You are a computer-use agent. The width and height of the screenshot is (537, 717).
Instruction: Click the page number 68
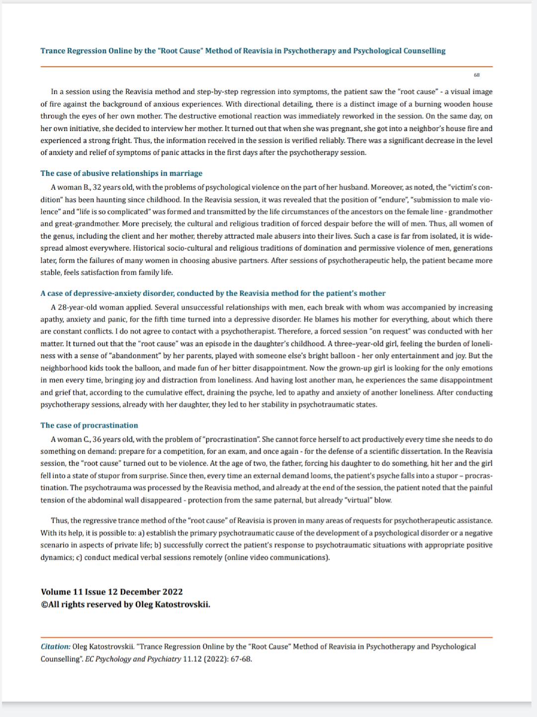477,75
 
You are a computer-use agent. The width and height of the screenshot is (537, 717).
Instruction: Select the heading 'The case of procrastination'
89,425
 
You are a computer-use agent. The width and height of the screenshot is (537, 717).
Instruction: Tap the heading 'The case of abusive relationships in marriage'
121,173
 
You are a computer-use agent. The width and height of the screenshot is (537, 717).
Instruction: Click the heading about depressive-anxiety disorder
213,293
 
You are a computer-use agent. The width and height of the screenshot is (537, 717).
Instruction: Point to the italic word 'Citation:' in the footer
56,646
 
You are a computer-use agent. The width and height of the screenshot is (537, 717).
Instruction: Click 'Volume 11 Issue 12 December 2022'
111,592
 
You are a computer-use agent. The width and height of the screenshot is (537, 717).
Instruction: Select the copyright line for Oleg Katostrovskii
125,604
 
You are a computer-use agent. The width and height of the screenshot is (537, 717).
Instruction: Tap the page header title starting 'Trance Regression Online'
243,51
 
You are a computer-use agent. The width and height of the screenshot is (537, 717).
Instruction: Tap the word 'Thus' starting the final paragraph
59,520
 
